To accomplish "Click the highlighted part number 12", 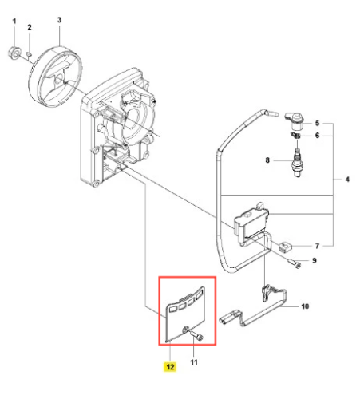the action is (x=170, y=367).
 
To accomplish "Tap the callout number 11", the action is (x=194, y=362).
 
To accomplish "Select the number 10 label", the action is (x=305, y=306).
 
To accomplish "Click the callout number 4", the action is (x=347, y=180).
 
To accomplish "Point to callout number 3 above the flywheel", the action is (x=59, y=20).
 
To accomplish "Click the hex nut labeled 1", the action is (x=14, y=52).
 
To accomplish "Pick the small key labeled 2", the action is (x=29, y=54).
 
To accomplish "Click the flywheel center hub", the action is (x=59, y=77).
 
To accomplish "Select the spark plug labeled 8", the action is (x=297, y=162).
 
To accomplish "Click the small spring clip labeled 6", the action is (x=295, y=135).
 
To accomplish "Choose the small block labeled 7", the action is (x=286, y=247).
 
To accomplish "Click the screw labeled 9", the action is (x=295, y=263).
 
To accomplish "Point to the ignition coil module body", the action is (x=251, y=224).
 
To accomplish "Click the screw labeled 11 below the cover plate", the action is (x=196, y=335).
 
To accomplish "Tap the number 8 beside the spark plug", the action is (x=267, y=160).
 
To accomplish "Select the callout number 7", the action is (x=317, y=246).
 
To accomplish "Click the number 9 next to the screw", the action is (x=315, y=260).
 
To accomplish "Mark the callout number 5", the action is (x=317, y=123).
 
